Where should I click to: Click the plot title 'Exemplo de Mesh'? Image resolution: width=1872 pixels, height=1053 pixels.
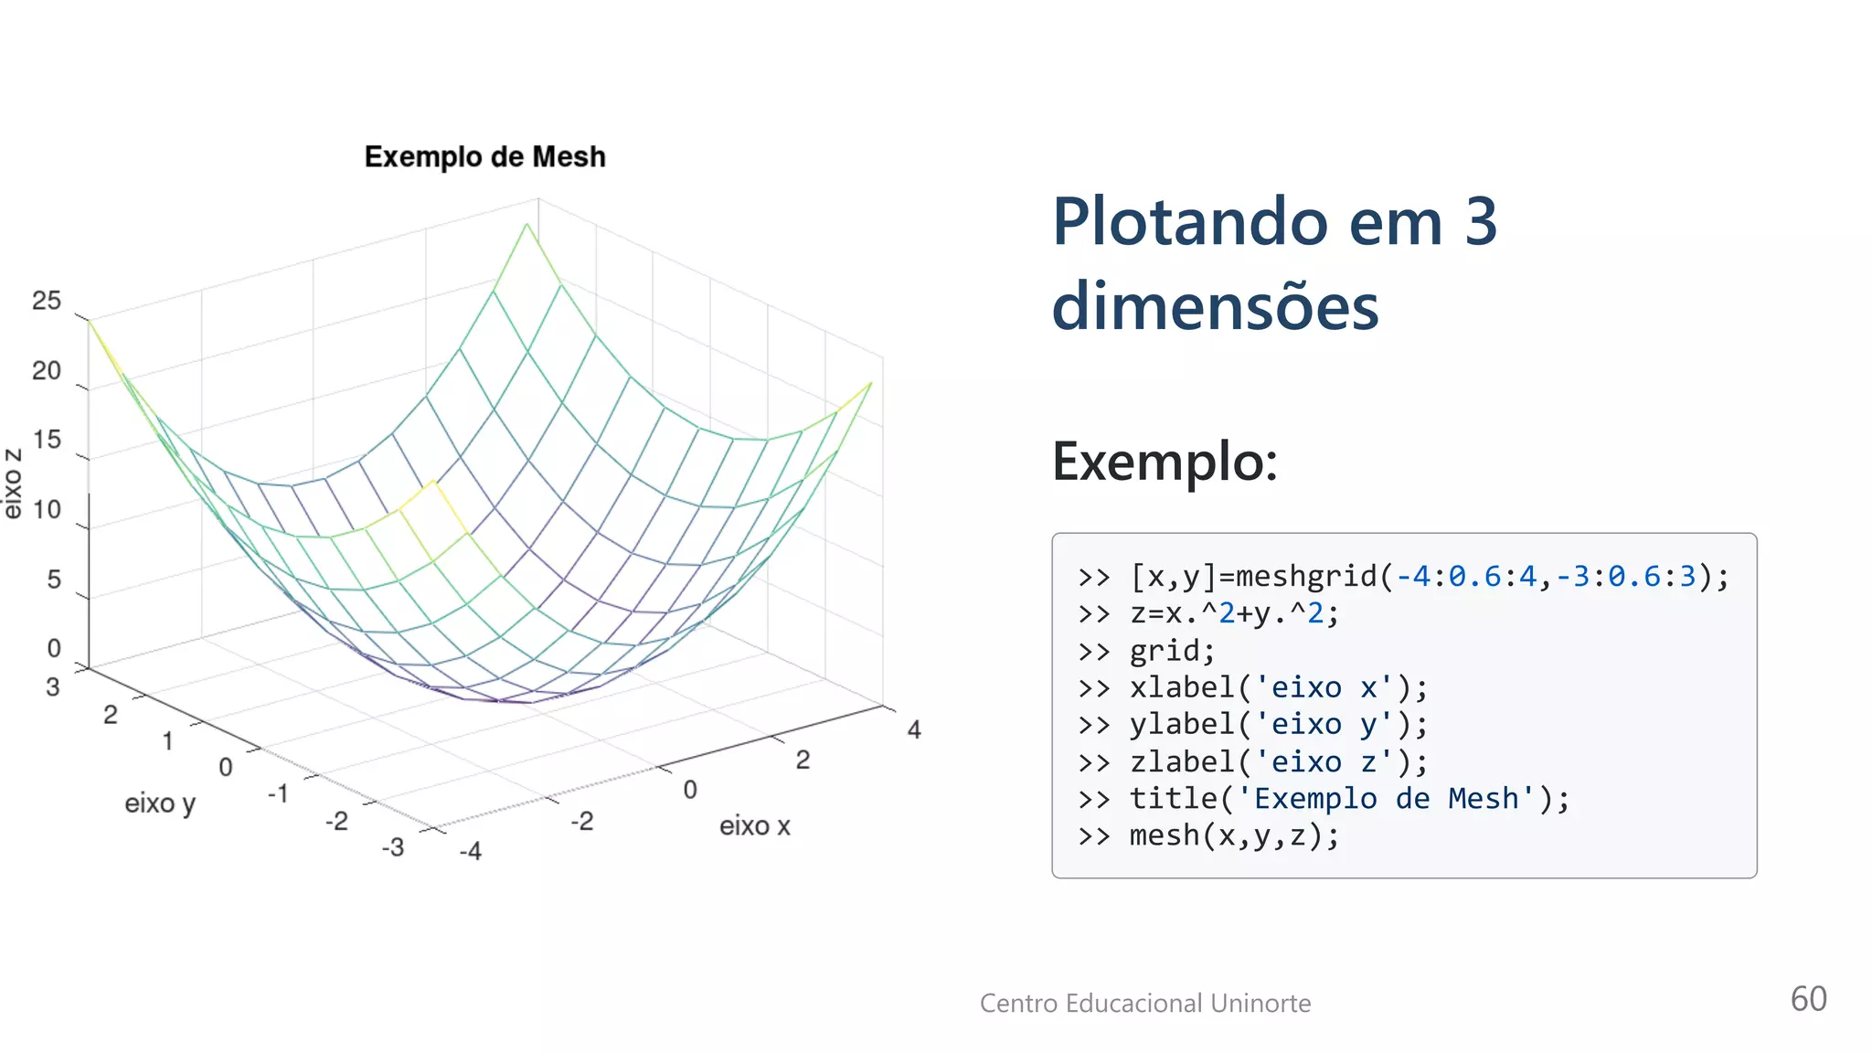click(484, 157)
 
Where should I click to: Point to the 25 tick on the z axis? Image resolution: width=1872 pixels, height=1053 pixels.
click(47, 301)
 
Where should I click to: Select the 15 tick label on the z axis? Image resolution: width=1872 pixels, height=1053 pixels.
click(47, 440)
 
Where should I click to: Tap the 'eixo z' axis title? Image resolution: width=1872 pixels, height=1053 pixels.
click(13, 484)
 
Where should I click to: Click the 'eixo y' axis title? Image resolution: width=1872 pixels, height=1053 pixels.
click(160, 803)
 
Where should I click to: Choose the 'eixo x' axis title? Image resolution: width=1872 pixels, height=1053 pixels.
click(754, 826)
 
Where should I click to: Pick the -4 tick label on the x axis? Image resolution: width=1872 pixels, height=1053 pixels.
click(470, 852)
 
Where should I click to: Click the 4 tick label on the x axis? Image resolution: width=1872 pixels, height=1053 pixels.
click(914, 729)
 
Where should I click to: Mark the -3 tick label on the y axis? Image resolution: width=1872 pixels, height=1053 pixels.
click(393, 847)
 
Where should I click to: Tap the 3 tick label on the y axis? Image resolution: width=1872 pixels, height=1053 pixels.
click(53, 686)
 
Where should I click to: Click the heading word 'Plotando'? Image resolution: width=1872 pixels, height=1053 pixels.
click(1189, 222)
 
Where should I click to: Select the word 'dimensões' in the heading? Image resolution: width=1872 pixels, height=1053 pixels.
click(1215, 306)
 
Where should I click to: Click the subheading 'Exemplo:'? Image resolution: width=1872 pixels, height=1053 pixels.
click(1165, 462)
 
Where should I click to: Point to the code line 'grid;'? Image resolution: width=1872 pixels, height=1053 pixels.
click(1172, 651)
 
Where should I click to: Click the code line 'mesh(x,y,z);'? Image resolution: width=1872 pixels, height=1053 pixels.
click(1234, 835)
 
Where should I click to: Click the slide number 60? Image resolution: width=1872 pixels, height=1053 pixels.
click(1808, 999)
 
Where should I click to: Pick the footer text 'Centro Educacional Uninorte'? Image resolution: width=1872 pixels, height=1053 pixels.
click(1145, 1004)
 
